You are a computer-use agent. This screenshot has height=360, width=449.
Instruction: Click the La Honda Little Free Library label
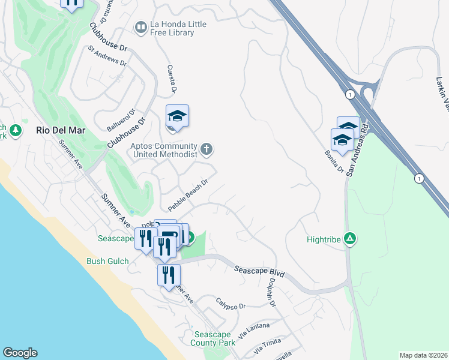(x=172, y=28)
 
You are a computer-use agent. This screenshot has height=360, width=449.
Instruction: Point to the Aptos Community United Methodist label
(x=164, y=150)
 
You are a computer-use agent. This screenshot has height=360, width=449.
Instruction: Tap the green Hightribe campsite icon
(x=350, y=239)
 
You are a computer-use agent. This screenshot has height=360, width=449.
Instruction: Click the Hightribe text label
(x=323, y=239)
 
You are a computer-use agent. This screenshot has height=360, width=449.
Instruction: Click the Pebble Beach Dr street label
(x=187, y=195)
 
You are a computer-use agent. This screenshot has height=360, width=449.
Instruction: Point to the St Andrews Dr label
(x=107, y=55)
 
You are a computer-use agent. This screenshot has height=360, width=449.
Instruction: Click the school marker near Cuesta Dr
(x=178, y=116)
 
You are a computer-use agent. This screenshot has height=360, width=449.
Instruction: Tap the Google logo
(x=20, y=353)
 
